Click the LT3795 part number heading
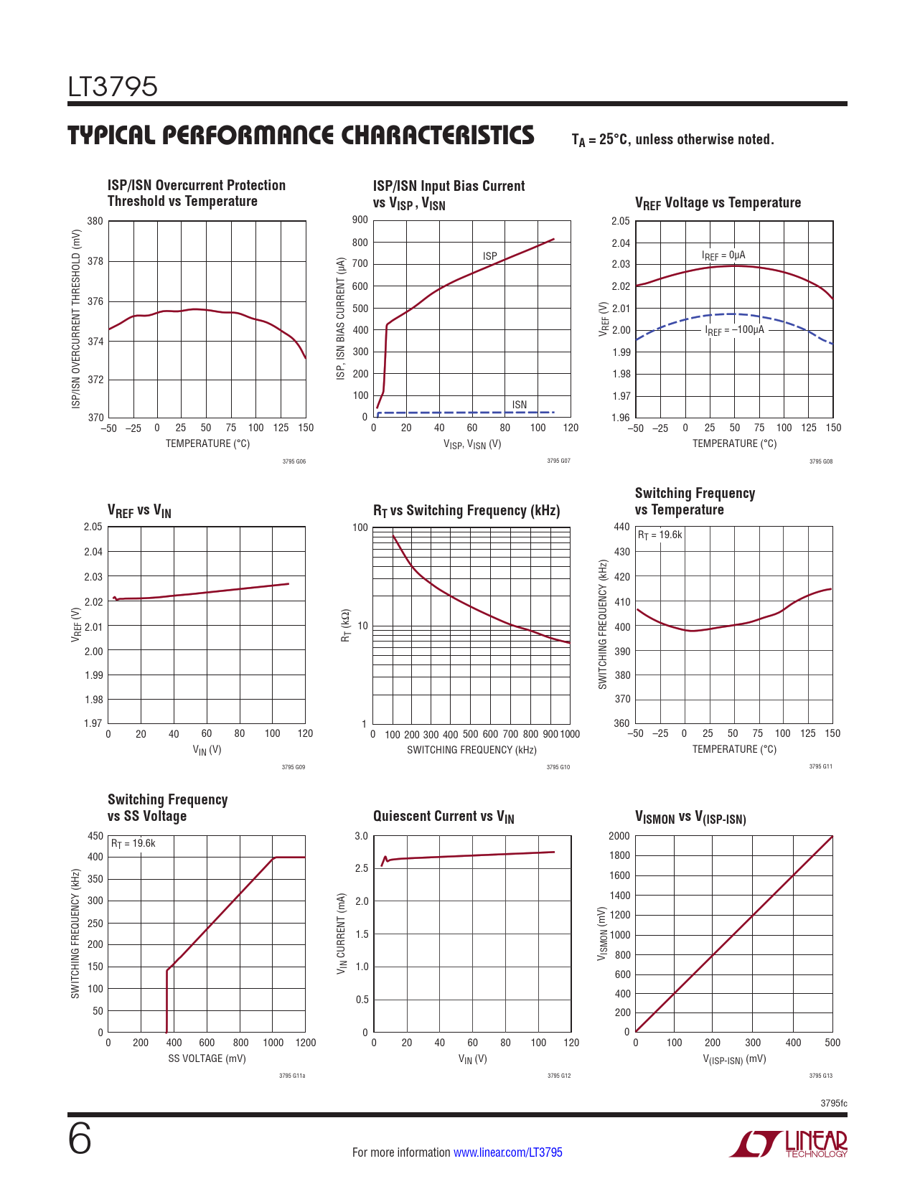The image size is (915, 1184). (x=113, y=87)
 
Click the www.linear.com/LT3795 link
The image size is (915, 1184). (x=507, y=1152)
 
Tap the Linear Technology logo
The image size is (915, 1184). (x=789, y=1144)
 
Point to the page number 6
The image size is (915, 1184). (x=80, y=1140)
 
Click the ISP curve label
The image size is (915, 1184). (x=490, y=256)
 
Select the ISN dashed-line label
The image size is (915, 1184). (x=520, y=405)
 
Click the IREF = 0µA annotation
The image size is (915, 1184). (x=723, y=255)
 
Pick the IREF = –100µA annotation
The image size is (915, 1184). (x=735, y=330)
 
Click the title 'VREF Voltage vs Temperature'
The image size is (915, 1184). (x=718, y=203)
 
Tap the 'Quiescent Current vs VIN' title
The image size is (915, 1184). (x=444, y=817)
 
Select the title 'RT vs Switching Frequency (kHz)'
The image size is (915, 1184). (x=466, y=511)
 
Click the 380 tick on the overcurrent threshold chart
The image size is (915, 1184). (x=95, y=221)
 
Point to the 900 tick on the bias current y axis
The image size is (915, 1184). (x=360, y=220)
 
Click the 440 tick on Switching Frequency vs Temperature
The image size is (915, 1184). (x=621, y=527)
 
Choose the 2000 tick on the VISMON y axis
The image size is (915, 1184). (x=619, y=836)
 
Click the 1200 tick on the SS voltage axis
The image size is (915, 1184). (x=306, y=1043)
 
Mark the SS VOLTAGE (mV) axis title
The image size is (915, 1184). (x=207, y=1058)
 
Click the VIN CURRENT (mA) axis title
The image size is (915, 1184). (x=342, y=934)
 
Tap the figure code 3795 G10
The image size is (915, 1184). (x=558, y=767)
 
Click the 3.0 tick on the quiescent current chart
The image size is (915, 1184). (x=361, y=836)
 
